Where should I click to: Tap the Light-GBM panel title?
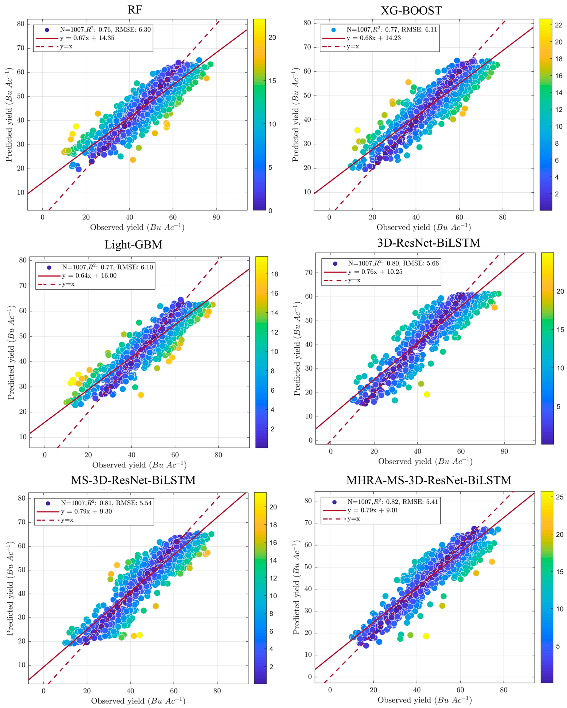[133, 245]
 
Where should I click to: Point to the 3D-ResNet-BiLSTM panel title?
[429, 243]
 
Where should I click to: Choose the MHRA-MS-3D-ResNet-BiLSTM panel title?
[429, 480]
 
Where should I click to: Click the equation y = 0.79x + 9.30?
[86, 511]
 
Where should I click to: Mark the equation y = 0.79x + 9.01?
[373, 510]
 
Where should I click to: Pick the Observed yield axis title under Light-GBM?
[139, 465]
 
